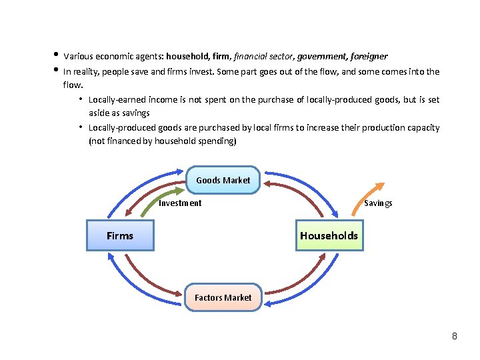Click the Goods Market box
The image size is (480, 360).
[223, 180]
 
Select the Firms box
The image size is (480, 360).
[120, 235]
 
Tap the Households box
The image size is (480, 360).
[329, 235]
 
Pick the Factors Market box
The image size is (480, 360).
[223, 297]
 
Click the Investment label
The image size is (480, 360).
[180, 203]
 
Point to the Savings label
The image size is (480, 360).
[378, 203]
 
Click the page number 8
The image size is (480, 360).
[454, 335]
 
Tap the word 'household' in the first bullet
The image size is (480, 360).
[188, 57]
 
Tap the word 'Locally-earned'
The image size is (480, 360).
[116, 100]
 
